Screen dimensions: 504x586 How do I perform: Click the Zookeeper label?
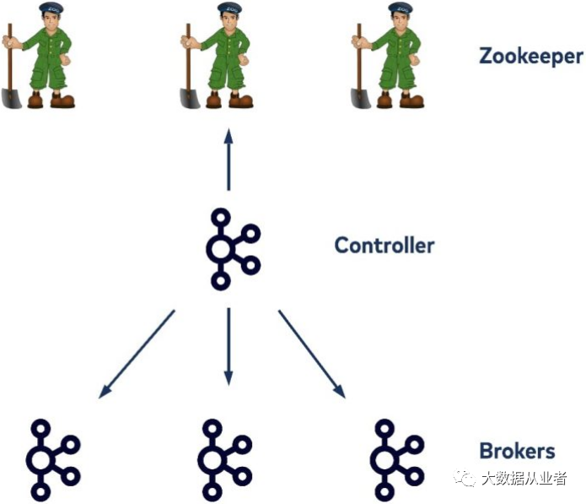(x=530, y=57)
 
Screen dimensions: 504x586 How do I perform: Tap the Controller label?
(x=384, y=246)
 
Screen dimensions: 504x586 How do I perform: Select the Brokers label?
(x=517, y=451)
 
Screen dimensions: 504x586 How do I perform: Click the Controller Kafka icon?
(x=228, y=250)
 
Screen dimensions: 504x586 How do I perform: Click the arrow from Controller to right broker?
(x=311, y=353)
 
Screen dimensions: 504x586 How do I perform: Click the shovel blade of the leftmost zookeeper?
(x=12, y=95)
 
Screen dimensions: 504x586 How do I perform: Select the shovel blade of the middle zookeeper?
(x=190, y=95)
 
